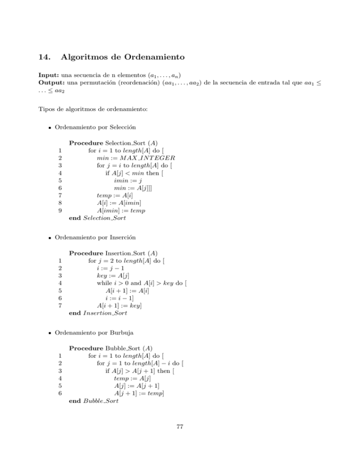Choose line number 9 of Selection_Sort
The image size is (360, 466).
[60, 210]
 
